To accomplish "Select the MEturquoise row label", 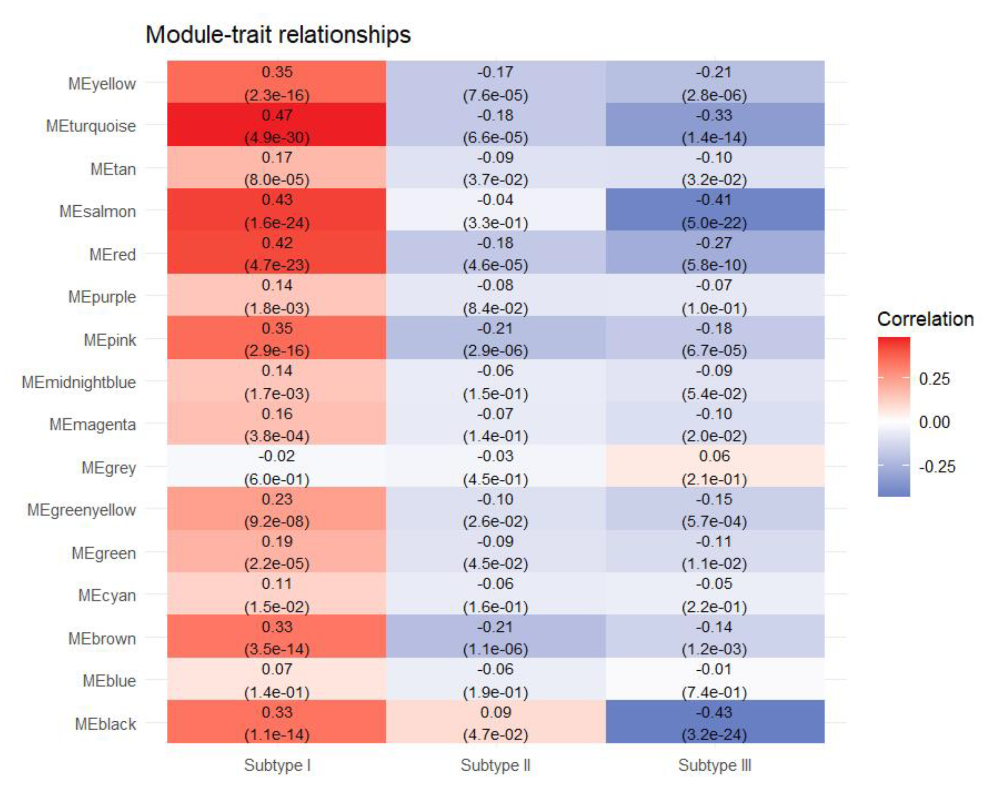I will coord(91,126).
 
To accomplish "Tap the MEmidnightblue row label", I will coord(79,382).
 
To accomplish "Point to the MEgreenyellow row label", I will coord(82,510).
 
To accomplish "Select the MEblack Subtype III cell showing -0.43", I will coord(715,722).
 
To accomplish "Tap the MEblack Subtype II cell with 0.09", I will coord(495,722).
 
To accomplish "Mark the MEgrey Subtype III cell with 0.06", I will coord(715,466).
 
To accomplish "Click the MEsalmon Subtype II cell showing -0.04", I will coord(495,210).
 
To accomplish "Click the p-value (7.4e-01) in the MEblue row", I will coord(715,692).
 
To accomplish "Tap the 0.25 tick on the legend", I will coord(934,379).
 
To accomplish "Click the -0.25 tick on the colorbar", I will coord(937,467).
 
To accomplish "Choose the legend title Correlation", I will coord(925,319).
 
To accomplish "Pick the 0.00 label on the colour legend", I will coord(934,422).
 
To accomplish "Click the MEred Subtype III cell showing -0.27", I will coord(715,252).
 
